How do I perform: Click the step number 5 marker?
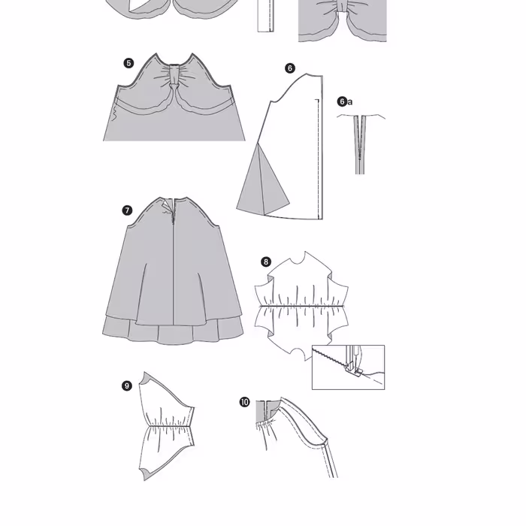(128, 63)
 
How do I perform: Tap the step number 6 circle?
(290, 68)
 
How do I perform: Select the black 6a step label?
(345, 101)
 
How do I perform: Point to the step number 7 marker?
(127, 210)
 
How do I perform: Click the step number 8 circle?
(266, 261)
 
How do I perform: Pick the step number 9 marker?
(126, 385)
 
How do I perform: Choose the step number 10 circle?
(244, 402)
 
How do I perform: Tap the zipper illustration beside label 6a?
(360, 144)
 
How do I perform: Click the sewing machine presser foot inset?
(348, 367)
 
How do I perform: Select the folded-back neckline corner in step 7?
(167, 205)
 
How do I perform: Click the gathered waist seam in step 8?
(301, 306)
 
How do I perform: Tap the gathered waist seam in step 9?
(170, 426)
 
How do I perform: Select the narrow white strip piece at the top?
(266, 16)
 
